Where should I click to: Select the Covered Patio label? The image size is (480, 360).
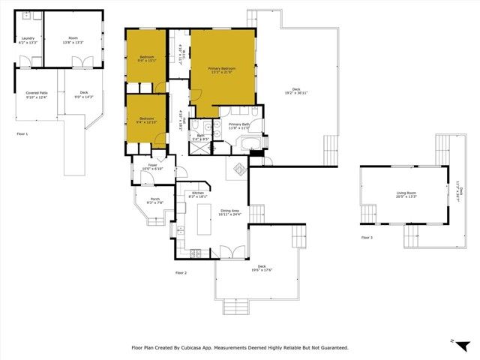pos(36,93)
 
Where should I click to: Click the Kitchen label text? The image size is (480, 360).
pos(198,193)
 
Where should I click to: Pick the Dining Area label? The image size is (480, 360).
pos(230,210)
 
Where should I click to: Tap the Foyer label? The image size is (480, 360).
pos(152,164)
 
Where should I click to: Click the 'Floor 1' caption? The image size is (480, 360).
pos(22,133)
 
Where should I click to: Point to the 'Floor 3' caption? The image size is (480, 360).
pos(366,238)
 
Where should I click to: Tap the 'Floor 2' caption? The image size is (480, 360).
pos(180,272)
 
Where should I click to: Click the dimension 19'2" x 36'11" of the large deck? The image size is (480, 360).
pos(296,92)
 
